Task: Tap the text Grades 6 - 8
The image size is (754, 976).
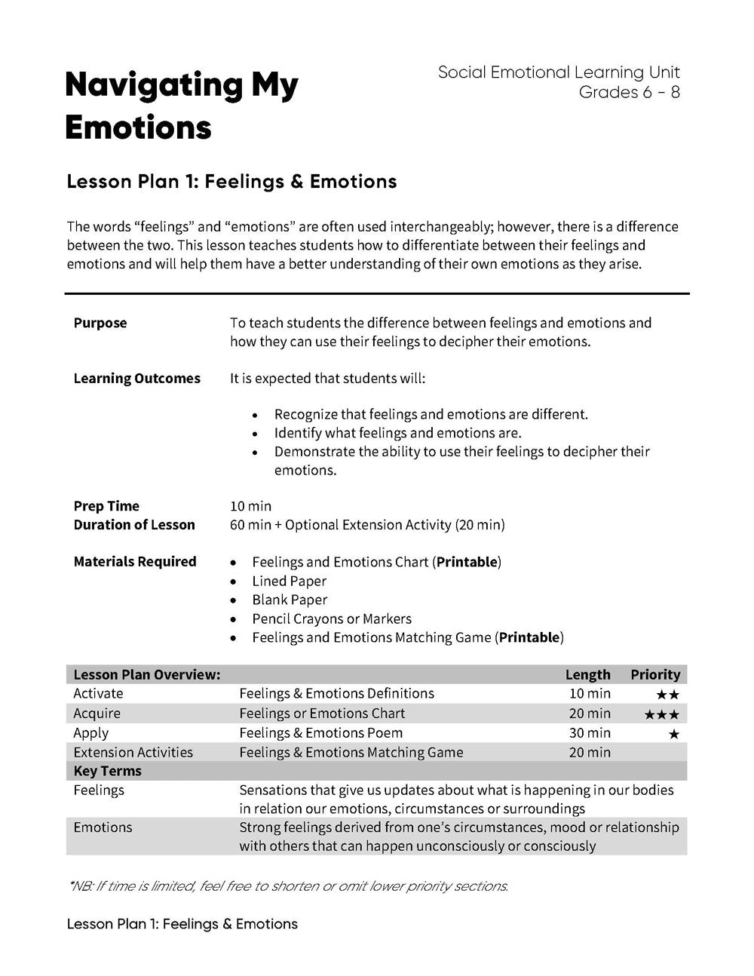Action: [x=629, y=93]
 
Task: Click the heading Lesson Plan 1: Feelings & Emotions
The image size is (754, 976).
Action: [x=231, y=182]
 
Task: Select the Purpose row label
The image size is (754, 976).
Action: [x=100, y=323]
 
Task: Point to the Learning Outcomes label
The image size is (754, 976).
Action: [x=136, y=379]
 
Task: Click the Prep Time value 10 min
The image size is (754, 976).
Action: [x=250, y=506]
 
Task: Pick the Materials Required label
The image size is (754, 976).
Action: [x=135, y=562]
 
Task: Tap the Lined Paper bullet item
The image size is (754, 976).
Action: [x=289, y=582]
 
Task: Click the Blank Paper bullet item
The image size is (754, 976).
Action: [x=290, y=600]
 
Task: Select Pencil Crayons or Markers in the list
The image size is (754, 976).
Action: [x=332, y=619]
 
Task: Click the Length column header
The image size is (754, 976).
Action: [x=587, y=675]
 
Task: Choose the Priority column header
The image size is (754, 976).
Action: [x=655, y=675]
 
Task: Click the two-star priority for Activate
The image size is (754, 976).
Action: [x=667, y=695]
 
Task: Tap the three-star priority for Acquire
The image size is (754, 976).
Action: [x=661, y=714]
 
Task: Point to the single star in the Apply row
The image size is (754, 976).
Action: [x=673, y=734]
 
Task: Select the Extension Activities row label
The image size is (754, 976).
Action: [x=133, y=753]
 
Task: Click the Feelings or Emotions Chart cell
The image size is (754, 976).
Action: [x=322, y=714]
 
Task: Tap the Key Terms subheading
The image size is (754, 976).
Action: [x=107, y=771]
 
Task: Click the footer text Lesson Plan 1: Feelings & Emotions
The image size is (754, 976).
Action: [x=182, y=924]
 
